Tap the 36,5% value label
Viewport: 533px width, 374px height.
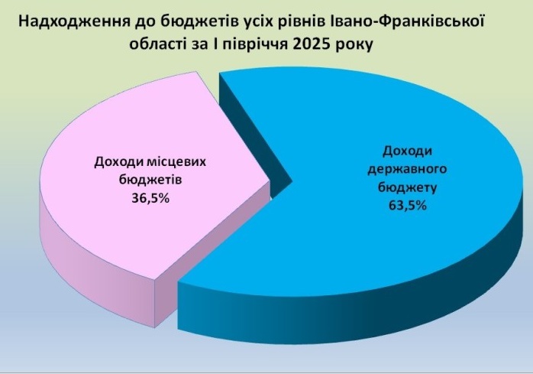coord(150,197)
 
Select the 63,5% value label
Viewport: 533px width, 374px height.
coord(407,206)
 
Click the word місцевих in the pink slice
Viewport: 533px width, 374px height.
coord(176,162)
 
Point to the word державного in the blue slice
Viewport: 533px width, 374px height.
coord(407,169)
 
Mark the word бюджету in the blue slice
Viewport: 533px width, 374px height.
coord(407,187)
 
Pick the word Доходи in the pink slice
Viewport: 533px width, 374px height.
coord(118,162)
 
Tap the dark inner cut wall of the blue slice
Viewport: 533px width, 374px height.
coord(251,136)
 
